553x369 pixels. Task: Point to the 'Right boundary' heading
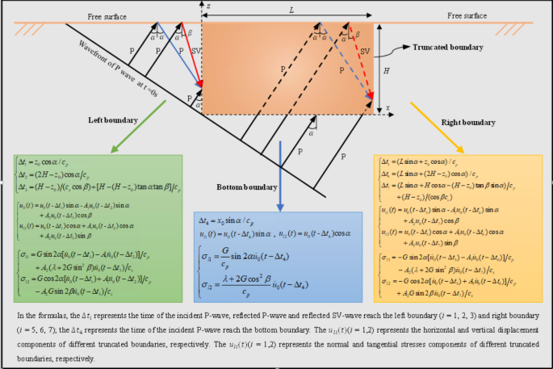[x=468, y=123]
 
